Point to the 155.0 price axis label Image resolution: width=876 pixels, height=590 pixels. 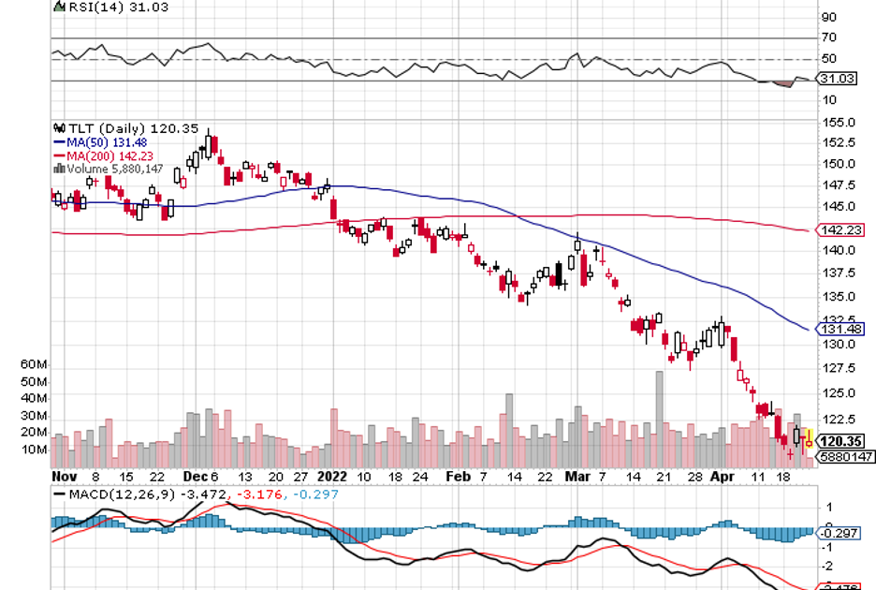tap(839, 122)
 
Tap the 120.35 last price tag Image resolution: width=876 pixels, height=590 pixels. tap(839, 439)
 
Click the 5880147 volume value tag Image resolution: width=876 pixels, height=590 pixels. tap(843, 456)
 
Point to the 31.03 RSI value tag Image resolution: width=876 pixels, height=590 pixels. tap(839, 80)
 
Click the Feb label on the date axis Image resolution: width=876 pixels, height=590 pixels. tap(458, 475)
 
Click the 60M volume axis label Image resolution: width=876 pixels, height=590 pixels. tap(34, 363)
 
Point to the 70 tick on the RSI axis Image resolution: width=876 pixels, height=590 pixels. tap(828, 38)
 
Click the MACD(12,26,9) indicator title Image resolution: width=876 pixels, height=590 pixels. tap(123, 494)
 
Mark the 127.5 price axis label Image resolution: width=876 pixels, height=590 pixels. tap(839, 368)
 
